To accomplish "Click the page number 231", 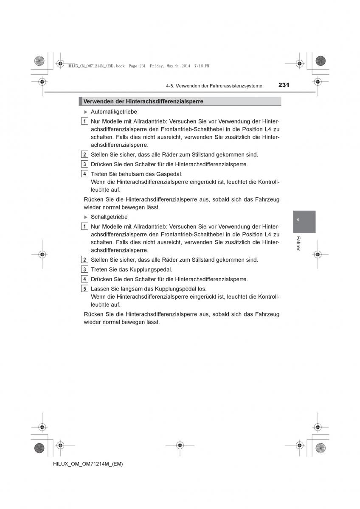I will coord(284,85).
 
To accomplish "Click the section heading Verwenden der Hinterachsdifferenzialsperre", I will coord(143,101).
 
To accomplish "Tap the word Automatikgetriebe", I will coord(114,112).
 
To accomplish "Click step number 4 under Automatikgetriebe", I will coord(84,174).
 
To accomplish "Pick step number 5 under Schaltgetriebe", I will coord(84,289).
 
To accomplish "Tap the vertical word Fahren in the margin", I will coord(298,243).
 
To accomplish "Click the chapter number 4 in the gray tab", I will coord(298,220).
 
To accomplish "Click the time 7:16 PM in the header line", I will coord(202,66).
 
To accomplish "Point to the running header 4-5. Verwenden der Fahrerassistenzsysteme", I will coord(214,86).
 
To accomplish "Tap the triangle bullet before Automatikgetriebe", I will coord(86,112).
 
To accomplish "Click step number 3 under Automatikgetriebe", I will coord(84,164).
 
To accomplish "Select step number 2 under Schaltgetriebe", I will coord(84,260).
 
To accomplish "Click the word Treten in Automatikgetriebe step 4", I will coord(99,174).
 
